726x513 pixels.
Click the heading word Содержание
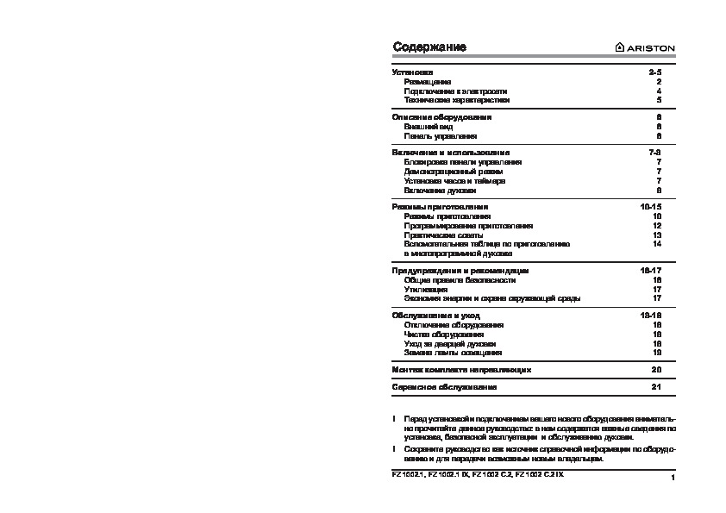[429, 47]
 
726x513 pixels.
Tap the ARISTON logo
[644, 47]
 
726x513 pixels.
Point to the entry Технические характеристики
[451, 100]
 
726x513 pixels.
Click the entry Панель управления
[440, 136]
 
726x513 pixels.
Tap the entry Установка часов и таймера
[454, 181]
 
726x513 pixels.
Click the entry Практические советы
[443, 235]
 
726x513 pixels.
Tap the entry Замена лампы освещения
[453, 353]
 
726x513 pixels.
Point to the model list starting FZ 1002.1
[480, 474]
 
